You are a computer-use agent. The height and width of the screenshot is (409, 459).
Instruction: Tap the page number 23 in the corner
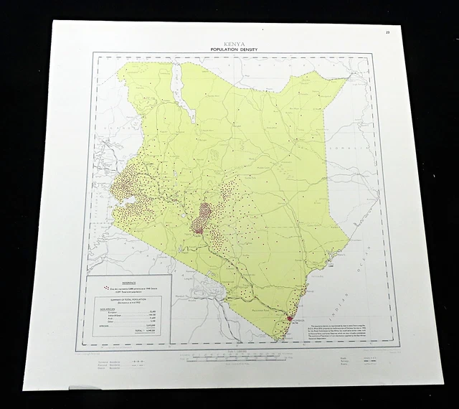point(387,32)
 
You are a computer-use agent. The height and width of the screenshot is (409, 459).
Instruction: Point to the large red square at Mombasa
point(290,319)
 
